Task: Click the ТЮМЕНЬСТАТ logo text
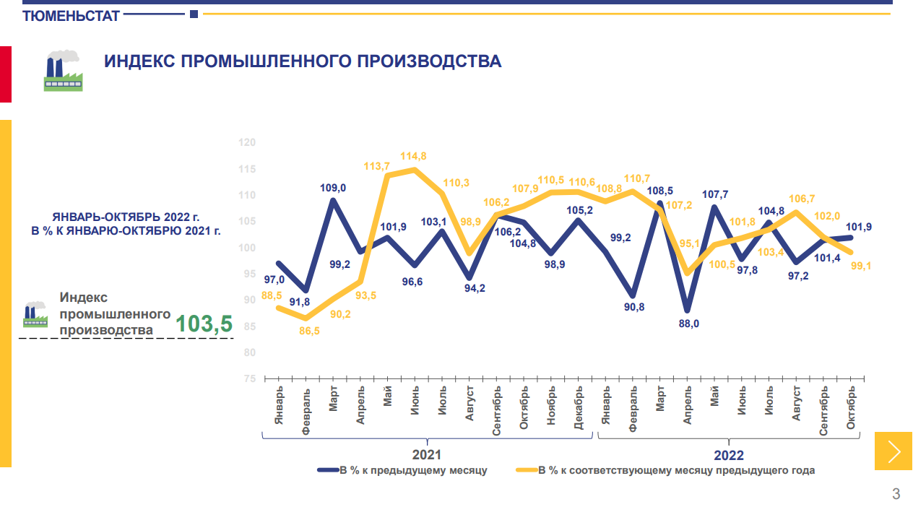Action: [71, 15]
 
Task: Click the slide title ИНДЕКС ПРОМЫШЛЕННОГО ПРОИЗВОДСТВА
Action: [303, 61]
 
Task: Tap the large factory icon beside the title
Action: [64, 70]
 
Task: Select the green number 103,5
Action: [204, 324]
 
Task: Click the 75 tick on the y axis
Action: [249, 378]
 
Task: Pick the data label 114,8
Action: [414, 156]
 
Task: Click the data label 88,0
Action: [688, 324]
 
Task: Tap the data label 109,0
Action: [333, 188]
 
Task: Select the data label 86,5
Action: [308, 331]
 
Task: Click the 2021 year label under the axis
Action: [426, 455]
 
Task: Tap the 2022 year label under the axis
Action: [728, 455]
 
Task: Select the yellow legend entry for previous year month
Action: [676, 470]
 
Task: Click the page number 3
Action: [896, 494]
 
